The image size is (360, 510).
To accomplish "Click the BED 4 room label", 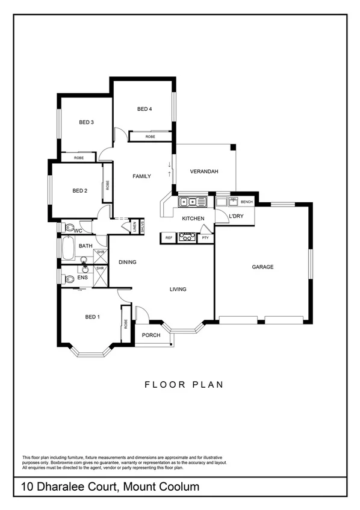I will point(144,109).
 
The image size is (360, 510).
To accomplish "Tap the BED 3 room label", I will point(86,122).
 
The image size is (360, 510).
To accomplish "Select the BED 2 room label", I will point(80,191).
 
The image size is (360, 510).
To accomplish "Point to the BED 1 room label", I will point(92,317).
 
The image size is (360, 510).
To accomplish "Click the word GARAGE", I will point(263,267).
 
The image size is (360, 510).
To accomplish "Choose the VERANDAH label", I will point(203,172).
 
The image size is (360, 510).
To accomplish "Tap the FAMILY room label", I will point(141,176).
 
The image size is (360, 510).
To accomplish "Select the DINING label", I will point(128,262).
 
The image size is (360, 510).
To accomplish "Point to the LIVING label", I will point(178,289).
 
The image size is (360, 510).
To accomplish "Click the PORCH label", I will point(151,335).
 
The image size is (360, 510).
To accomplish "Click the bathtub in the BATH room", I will point(67,248).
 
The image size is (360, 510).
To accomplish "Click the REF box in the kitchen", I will point(168,238).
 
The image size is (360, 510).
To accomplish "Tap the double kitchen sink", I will point(193,201).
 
